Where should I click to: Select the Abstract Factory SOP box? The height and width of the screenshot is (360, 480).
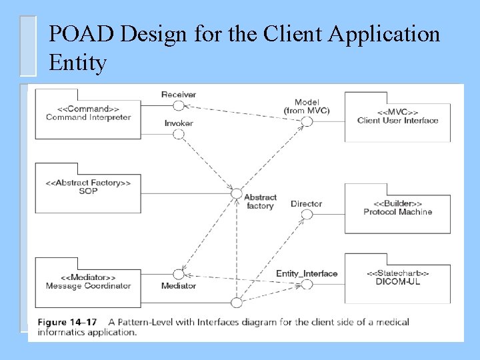pyautogui.click(x=88, y=187)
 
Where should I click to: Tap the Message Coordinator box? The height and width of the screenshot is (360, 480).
pyautogui.click(x=88, y=282)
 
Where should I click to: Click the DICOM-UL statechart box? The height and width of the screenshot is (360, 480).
pyautogui.click(x=397, y=278)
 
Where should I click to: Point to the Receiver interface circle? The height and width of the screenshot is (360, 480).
pyautogui.click(x=178, y=107)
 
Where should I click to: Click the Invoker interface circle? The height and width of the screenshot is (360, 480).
pyautogui.click(x=178, y=134)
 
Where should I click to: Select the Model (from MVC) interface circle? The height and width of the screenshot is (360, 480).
pyautogui.click(x=307, y=121)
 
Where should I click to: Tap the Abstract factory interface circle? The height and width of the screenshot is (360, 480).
pyautogui.click(x=236, y=194)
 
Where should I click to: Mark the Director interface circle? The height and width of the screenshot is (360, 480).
pyautogui.click(x=307, y=215)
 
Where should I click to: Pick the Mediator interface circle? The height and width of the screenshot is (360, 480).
pyautogui.click(x=178, y=274)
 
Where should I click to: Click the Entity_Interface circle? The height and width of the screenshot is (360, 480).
pyautogui.click(x=307, y=285)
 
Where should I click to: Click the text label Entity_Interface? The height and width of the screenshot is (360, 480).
pyautogui.click(x=307, y=273)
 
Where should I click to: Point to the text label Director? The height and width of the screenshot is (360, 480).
pyautogui.click(x=306, y=203)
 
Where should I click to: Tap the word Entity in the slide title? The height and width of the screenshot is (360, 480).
pyautogui.click(x=77, y=63)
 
